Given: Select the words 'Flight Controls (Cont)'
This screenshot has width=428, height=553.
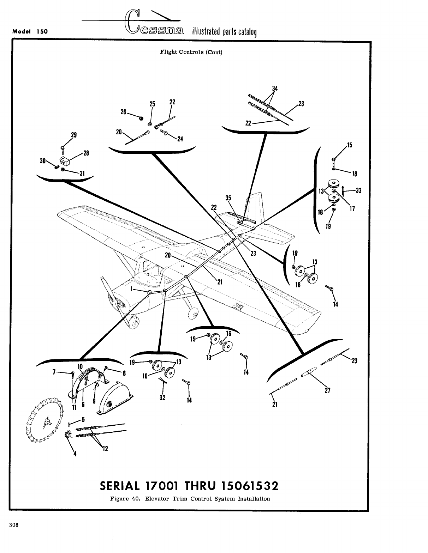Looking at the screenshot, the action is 191,53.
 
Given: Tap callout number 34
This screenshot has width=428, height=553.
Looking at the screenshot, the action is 274,89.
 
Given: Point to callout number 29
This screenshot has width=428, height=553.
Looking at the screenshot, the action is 74,135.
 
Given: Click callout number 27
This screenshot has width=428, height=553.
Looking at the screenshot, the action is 327,390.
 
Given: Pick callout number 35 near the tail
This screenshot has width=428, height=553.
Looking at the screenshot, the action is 228,198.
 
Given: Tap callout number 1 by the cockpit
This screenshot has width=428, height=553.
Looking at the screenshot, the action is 132,288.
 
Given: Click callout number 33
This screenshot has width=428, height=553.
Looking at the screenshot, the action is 358,191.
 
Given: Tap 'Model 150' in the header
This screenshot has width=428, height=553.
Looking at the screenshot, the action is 30,31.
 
